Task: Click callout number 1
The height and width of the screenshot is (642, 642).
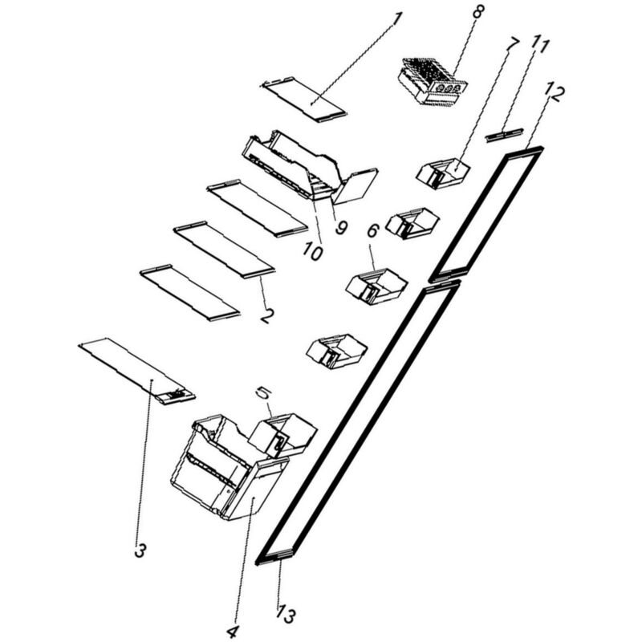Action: [396, 18]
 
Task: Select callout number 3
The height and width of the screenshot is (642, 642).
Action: [140, 551]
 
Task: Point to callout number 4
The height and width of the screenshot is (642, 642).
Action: [232, 632]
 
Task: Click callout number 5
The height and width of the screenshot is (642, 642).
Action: [263, 393]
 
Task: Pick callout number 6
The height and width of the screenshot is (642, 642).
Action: [372, 231]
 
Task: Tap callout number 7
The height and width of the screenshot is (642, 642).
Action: [512, 45]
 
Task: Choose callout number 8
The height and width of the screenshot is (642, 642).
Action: [477, 11]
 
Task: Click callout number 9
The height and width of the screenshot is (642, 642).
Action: [341, 227]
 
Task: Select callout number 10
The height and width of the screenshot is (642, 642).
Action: [312, 252]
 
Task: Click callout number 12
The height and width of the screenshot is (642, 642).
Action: [555, 94]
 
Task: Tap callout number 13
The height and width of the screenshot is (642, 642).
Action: [286, 615]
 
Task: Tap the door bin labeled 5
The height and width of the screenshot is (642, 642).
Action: [283, 434]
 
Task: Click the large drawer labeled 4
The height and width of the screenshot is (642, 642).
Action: [230, 467]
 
